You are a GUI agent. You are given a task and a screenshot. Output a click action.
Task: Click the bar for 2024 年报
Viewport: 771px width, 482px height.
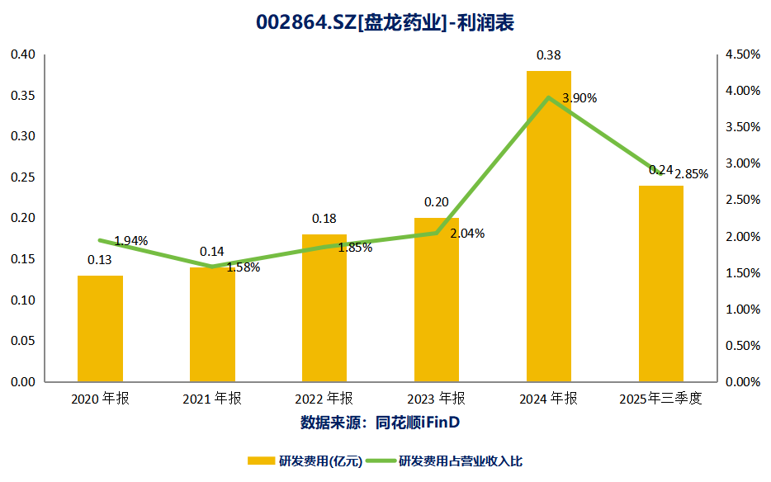[x=549, y=227]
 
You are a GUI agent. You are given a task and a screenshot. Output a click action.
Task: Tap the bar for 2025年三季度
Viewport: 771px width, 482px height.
[x=661, y=284]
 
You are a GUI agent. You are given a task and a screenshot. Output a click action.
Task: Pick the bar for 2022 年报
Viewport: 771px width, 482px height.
[x=324, y=309]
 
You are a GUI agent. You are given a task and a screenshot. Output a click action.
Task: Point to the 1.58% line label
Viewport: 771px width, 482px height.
[x=243, y=267]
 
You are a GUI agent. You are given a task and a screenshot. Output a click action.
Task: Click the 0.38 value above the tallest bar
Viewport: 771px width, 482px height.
[x=549, y=56]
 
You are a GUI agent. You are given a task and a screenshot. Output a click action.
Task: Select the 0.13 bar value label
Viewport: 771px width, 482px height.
[x=100, y=260]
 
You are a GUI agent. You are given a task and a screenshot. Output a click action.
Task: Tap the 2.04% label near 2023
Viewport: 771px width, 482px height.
[x=467, y=234]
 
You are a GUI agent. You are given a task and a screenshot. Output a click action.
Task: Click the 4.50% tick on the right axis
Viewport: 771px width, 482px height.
[x=741, y=54]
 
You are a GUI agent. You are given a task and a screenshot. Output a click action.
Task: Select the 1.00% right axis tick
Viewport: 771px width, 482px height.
[x=741, y=310]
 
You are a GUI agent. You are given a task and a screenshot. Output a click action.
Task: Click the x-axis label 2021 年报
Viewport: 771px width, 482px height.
[x=212, y=399]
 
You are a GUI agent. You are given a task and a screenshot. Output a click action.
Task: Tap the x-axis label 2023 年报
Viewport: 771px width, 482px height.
[x=437, y=399]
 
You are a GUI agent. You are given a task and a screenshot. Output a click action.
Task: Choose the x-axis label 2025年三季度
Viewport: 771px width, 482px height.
[x=661, y=399]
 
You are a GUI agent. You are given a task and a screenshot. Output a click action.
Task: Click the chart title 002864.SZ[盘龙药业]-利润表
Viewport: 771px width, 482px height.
[x=385, y=23]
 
